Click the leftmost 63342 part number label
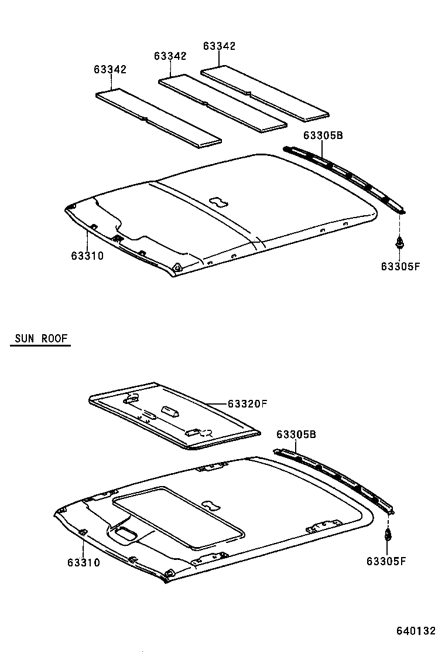pos(109,69)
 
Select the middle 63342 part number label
pos(170,56)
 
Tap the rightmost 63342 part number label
pos(219,46)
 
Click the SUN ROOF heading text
pos(40,338)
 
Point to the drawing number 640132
pos(416,631)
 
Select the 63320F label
pos(247,403)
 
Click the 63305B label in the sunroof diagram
pos(296,434)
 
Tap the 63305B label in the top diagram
pos(323,135)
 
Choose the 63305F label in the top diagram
pos(400,266)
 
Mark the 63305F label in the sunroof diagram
pos(386,561)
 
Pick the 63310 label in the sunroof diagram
pos(83,562)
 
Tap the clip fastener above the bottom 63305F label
pos(387,535)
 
